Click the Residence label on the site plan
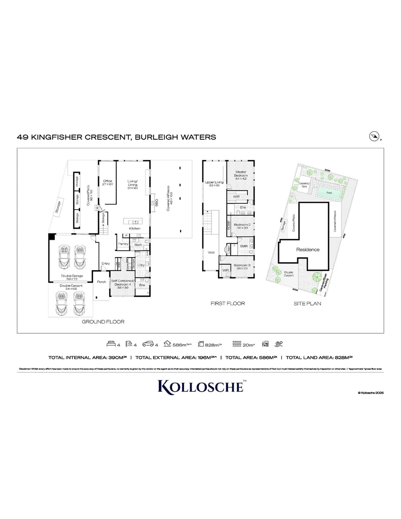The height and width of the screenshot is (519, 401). tap(307, 250)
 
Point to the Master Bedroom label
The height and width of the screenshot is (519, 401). tap(241, 174)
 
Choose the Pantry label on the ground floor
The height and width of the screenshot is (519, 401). tap(122, 244)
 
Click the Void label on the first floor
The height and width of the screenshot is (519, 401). tap(211, 252)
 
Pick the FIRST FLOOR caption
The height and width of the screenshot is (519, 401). tap(228, 304)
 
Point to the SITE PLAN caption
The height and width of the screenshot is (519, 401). tap(307, 304)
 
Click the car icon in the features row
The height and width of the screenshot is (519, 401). tap(148, 344)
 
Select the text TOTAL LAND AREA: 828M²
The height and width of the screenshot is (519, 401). tap(319, 358)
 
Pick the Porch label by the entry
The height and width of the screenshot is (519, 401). tap(101, 282)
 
